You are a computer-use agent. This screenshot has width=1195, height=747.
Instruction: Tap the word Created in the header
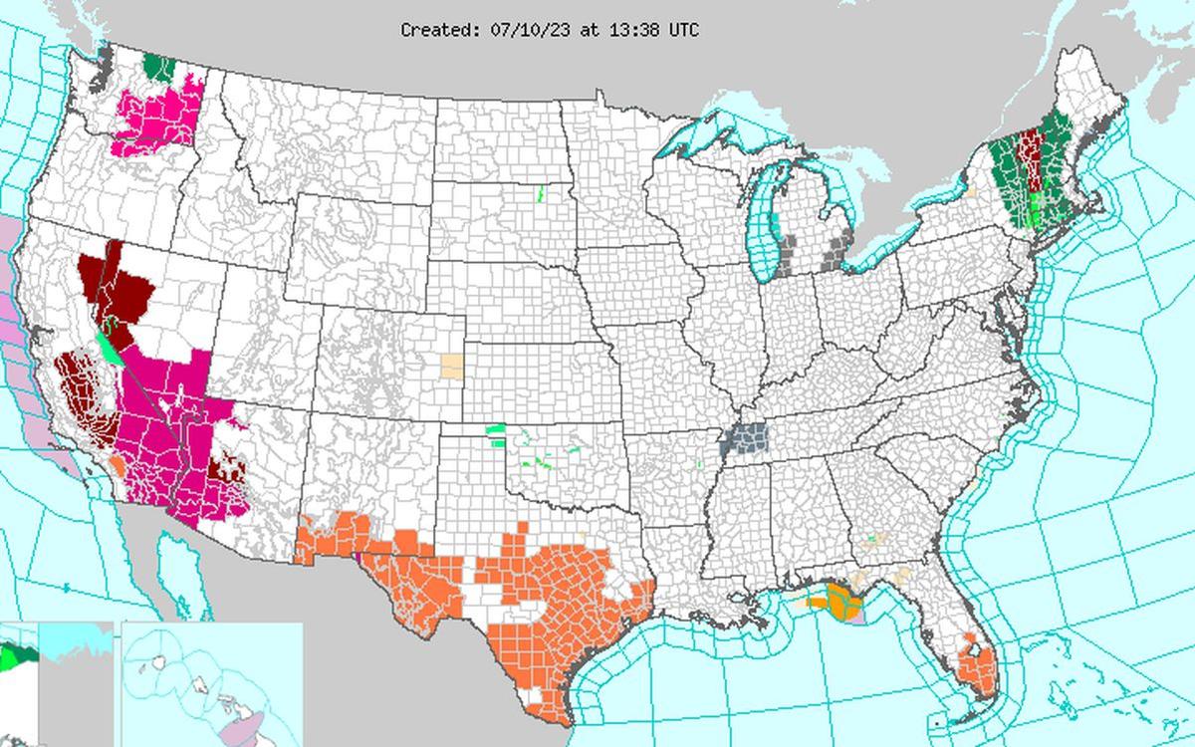439,30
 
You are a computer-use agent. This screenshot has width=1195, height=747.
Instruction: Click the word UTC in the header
683,30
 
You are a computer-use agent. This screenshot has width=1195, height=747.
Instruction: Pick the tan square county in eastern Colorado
452,366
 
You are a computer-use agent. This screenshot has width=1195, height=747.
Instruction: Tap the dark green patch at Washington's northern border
157,68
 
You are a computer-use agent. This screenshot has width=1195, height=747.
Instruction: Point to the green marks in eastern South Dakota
538,193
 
